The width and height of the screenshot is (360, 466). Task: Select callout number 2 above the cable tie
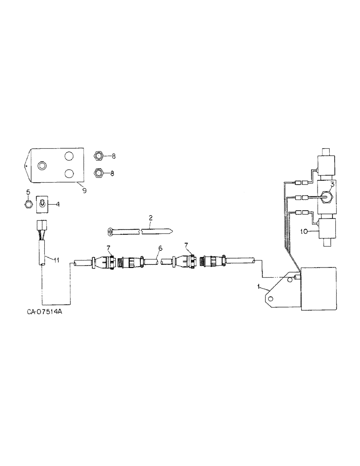point(150,217)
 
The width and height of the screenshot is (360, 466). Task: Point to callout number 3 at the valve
point(332,184)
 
